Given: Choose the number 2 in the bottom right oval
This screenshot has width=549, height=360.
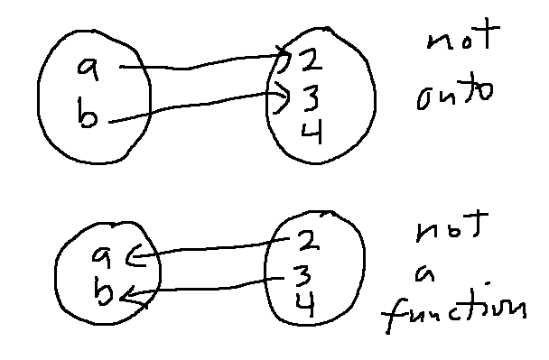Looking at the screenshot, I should (303, 241).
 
